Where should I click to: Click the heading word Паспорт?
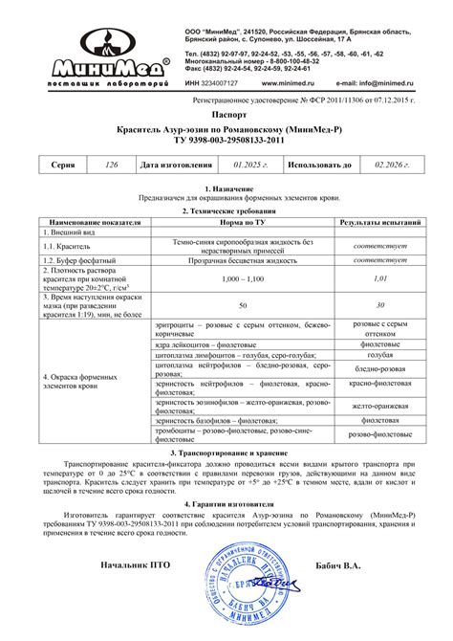tap(226, 113)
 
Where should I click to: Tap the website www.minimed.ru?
tap(289, 84)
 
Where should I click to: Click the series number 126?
tap(112, 165)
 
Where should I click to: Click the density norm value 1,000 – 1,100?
tap(243, 277)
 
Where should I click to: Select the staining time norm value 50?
tap(243, 304)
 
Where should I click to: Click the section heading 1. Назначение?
tap(226, 189)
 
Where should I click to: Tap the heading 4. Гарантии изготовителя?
tap(226, 502)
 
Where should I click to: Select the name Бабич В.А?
tap(340, 564)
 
